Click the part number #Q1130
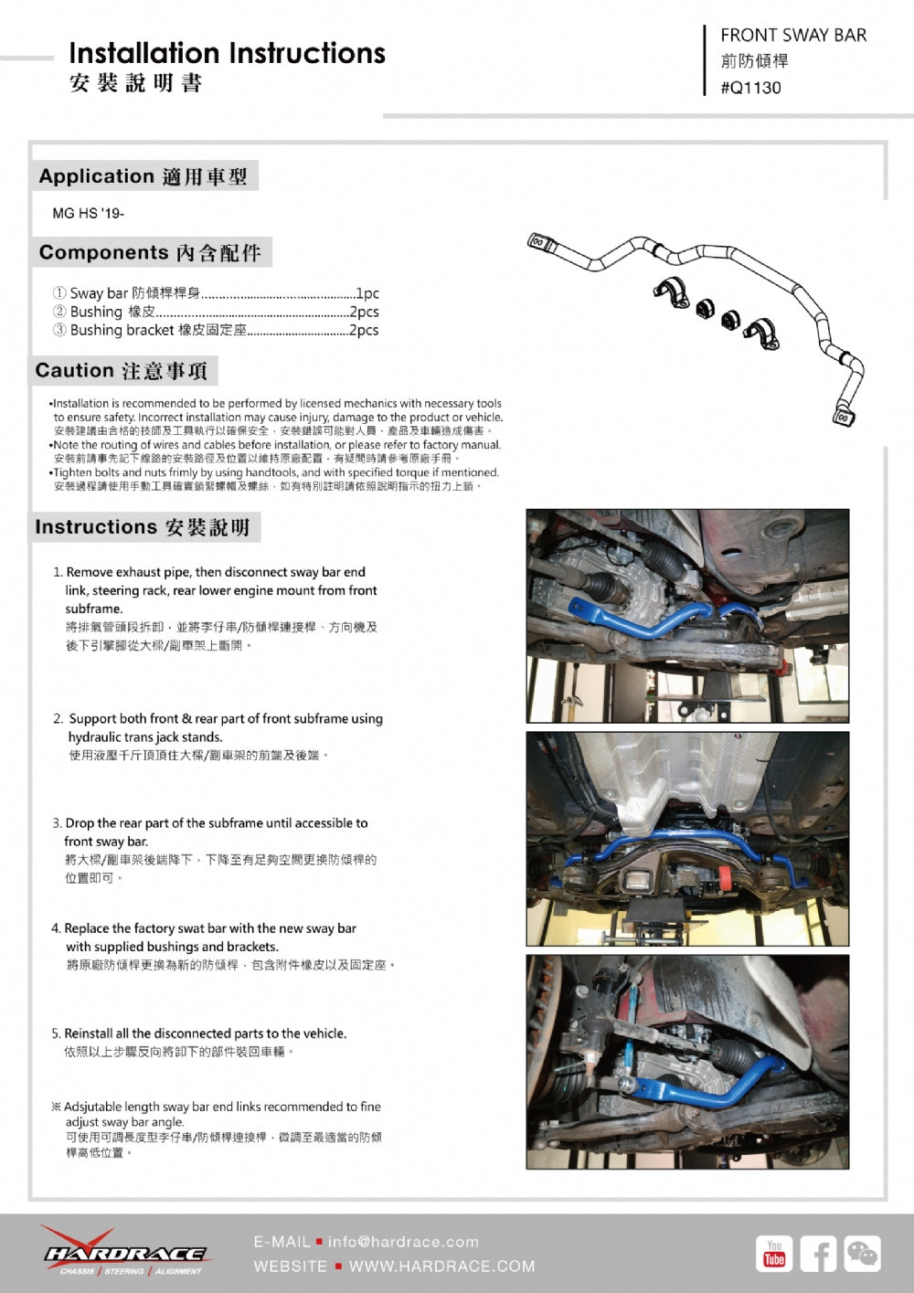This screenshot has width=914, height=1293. pyautogui.click(x=750, y=88)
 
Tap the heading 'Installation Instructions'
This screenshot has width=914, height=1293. pyautogui.click(x=227, y=53)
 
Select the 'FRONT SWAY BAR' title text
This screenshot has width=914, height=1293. pyautogui.click(x=792, y=36)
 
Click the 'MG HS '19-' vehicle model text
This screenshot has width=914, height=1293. pyautogui.click(x=88, y=213)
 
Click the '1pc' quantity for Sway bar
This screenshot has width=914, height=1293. pyautogui.click(x=367, y=293)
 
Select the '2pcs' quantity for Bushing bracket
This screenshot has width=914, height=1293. pyautogui.click(x=364, y=330)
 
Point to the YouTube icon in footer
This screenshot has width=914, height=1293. pyautogui.click(x=774, y=1254)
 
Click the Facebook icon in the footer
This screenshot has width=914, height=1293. pyautogui.click(x=818, y=1254)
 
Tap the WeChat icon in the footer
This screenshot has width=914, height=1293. pyautogui.click(x=862, y=1254)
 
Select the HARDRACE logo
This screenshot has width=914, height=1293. pyautogui.click(x=125, y=1253)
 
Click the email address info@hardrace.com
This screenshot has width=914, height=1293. pyautogui.click(x=403, y=1242)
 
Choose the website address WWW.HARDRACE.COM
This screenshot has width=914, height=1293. pyautogui.click(x=441, y=1267)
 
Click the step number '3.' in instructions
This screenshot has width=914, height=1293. pyautogui.click(x=57, y=823)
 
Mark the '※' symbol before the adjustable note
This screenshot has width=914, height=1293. pyautogui.click(x=56, y=1107)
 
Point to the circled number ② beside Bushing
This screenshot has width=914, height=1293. pyautogui.click(x=59, y=312)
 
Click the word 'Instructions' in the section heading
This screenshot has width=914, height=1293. pyautogui.click(x=96, y=526)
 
